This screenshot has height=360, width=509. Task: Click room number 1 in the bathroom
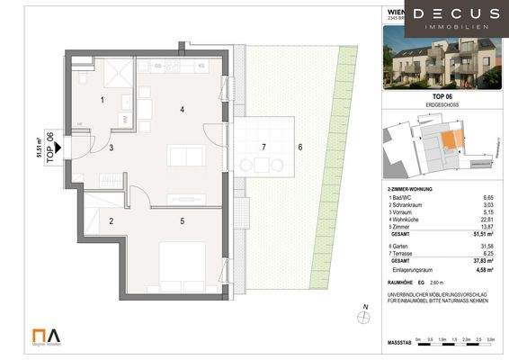103,99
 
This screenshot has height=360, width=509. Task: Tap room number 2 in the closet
112,220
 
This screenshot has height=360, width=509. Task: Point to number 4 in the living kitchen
182,110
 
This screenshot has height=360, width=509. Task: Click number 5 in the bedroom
182,220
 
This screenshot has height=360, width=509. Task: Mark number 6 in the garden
300,147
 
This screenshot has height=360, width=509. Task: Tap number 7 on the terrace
263,146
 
